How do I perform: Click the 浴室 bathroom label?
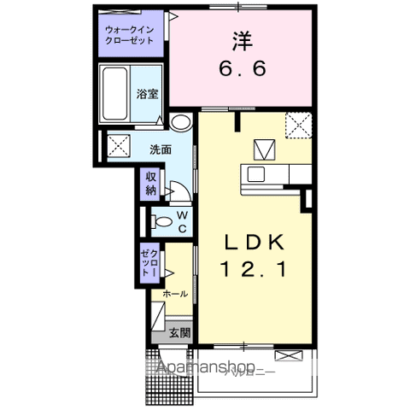[x=148, y=95]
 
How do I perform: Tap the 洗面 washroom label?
[x=161, y=148]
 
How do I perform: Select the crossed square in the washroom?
[x=117, y=144]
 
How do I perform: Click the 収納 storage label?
[x=150, y=183]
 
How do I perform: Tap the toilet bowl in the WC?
[x=161, y=221]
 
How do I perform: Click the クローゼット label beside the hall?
[x=149, y=263]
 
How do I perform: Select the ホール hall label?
[x=174, y=293]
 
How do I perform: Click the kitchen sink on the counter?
[x=256, y=175]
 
